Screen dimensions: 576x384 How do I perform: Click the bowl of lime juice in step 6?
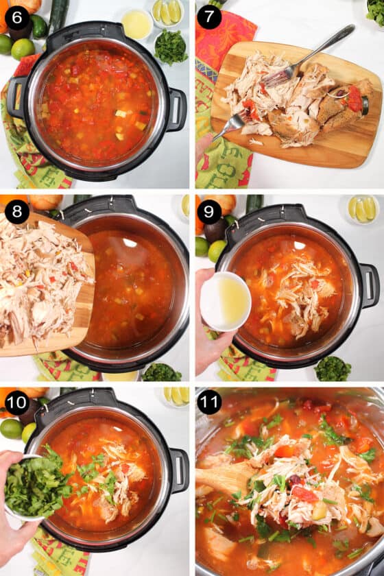point(136,24)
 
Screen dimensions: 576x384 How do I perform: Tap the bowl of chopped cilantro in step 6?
point(171,47)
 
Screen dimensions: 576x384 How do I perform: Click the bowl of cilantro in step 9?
point(333,368)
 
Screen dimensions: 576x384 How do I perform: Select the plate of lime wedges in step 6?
point(168,12)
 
